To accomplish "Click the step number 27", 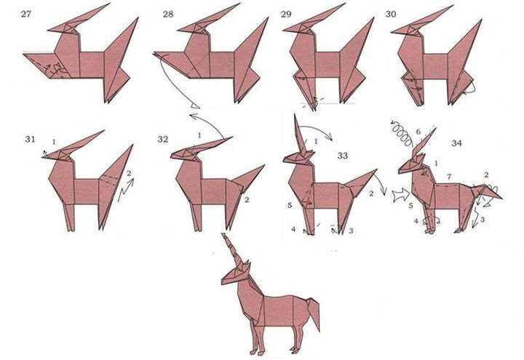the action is click(25, 14).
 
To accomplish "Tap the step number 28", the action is click(168, 14).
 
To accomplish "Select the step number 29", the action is click(286, 14).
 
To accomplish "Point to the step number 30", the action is click(391, 14).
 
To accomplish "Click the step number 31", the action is click(30, 139).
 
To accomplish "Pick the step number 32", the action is click(163, 139).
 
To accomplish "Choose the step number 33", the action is click(343, 156).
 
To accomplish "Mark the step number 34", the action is click(456, 143).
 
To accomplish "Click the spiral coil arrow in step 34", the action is click(402, 132).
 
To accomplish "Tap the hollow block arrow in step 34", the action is click(401, 195).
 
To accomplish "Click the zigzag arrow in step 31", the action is click(125, 190).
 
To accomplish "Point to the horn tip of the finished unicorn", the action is click(223, 234).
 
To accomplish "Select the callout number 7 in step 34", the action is click(449, 176).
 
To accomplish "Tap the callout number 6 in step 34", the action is click(418, 132).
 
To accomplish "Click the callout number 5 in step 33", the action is click(290, 205).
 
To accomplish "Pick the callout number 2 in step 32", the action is click(247, 200).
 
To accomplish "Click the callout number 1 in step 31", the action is click(54, 142).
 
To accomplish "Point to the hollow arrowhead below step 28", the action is click(195, 106).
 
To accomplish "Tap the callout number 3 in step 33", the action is click(351, 231).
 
